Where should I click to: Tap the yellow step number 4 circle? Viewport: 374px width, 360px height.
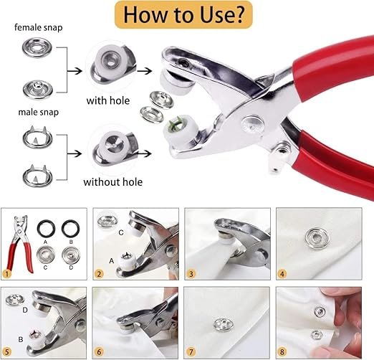tap(284, 273)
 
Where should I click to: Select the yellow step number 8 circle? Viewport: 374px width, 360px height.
tap(284, 352)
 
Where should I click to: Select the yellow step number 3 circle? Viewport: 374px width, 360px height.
tap(193, 273)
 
